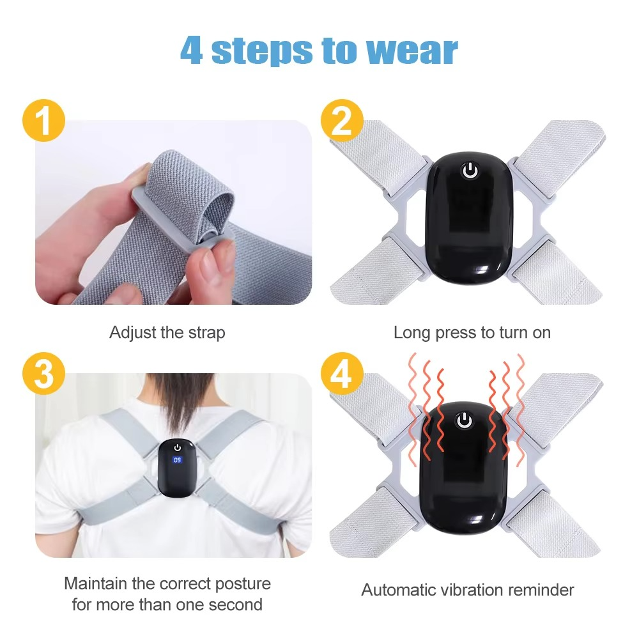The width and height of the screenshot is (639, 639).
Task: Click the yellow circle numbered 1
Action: tap(43, 121)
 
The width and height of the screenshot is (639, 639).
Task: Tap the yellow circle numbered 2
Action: tap(342, 121)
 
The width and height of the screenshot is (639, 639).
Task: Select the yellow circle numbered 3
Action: tap(43, 375)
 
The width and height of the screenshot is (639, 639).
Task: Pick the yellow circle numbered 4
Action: tap(342, 375)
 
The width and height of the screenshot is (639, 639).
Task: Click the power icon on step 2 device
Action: tap(470, 171)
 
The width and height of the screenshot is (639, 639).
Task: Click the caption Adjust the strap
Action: tap(167, 333)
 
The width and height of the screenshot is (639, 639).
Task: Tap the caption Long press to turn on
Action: tap(472, 333)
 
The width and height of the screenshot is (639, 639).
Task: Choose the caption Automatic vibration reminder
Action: tap(468, 590)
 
